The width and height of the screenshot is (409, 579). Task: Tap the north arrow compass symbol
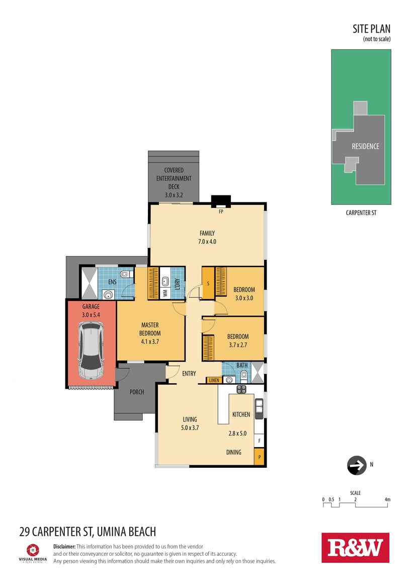coord(357,466)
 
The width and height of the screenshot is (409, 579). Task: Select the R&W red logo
coord(355,547)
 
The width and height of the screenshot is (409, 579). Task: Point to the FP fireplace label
coord(220,212)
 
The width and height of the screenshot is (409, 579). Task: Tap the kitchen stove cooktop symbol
coord(241,389)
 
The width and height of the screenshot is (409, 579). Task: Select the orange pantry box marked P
coord(260,458)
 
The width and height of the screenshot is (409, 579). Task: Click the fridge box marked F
coord(260,441)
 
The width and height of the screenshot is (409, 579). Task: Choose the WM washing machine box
coord(165,293)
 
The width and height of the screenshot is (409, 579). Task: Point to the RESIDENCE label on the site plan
coord(365,147)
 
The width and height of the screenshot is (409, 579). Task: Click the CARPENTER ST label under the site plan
coord(361,213)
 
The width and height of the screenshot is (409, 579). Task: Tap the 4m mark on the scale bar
coord(387,499)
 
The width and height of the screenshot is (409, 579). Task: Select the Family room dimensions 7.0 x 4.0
coord(207,242)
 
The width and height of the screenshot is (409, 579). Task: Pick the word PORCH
coord(137,392)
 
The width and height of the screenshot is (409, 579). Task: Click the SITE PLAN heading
coord(371,29)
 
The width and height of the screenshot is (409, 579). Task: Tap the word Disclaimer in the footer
coord(64,546)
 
